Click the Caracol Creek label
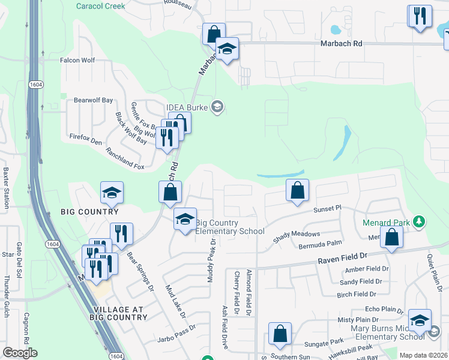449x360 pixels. click(x=100, y=6)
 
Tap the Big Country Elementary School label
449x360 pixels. click(x=230, y=227)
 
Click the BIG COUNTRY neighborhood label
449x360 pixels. click(x=89, y=212)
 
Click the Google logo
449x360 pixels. click(x=20, y=353)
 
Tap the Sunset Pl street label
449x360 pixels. click(x=327, y=208)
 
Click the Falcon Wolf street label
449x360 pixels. click(x=77, y=60)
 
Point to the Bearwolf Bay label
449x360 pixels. click(x=93, y=100)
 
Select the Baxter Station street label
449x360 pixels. click(x=6, y=187)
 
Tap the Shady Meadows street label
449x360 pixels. click(x=297, y=237)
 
